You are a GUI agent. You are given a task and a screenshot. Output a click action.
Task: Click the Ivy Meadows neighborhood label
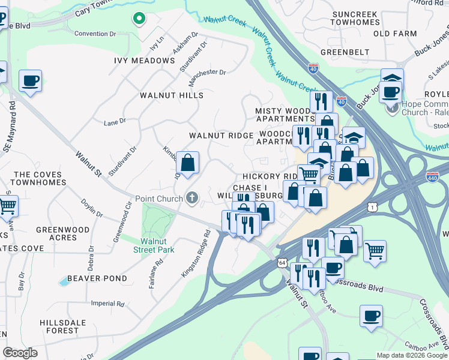(x=144, y=61)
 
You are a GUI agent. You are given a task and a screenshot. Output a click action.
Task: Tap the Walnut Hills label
(x=172, y=95)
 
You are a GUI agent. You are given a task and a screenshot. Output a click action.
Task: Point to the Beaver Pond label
(x=97, y=278)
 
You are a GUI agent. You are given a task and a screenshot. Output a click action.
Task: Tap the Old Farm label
(x=394, y=34)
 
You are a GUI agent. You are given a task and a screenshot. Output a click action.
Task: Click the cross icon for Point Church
(x=192, y=197)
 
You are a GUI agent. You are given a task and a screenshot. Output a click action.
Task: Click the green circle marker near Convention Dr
(x=139, y=19)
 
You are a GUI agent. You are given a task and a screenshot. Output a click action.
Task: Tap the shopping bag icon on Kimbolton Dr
(x=187, y=163)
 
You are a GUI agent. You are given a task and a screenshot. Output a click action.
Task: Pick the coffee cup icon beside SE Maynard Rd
(x=30, y=80)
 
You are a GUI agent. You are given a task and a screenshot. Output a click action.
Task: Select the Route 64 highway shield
(x=282, y=262)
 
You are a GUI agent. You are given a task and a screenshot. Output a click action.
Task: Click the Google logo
(x=20, y=353)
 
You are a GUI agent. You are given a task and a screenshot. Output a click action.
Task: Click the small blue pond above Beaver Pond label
(x=64, y=281)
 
